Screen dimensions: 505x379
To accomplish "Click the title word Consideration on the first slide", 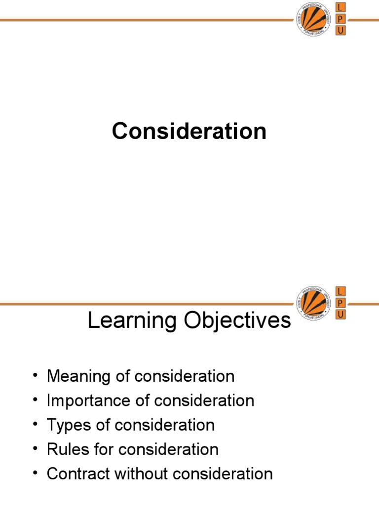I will click(x=189, y=132).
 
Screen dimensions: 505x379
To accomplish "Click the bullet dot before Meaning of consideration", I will click(x=35, y=376).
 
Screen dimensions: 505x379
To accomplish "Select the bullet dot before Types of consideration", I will click(x=35, y=425).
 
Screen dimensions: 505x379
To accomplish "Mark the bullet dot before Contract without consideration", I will click(x=35, y=474).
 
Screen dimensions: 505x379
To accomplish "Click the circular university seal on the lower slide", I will click(x=313, y=303).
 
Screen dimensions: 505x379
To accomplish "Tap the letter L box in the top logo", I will click(x=341, y=7).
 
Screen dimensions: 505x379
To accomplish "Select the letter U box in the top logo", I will click(x=341, y=31).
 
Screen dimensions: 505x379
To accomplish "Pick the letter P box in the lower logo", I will click(x=341, y=302).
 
